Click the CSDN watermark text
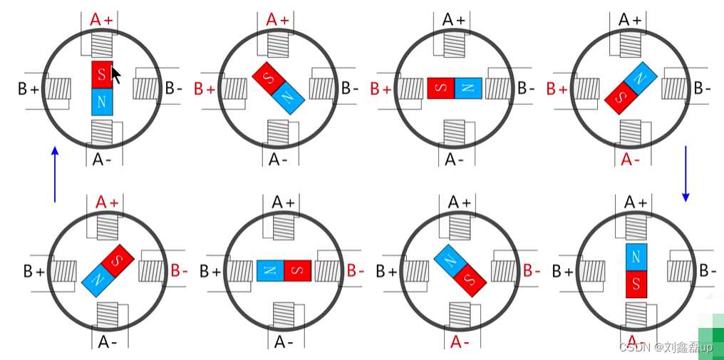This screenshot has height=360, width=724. [x=665, y=347]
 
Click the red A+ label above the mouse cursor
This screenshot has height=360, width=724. [x=101, y=20]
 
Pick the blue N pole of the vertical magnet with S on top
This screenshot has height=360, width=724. [x=102, y=102]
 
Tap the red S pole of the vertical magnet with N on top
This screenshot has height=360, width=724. [x=636, y=284]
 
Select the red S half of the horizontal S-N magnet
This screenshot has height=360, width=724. [x=441, y=88]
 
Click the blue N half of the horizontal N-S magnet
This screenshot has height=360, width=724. [x=270, y=270]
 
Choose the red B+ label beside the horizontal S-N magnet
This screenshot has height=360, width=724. [x=381, y=89]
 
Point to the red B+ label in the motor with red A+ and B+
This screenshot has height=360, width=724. [x=205, y=89]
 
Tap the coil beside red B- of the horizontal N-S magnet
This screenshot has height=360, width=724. [x=326, y=271]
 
